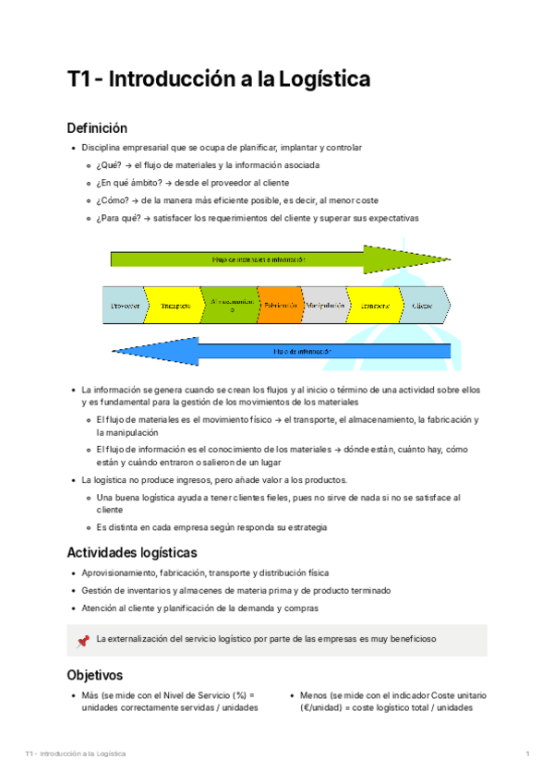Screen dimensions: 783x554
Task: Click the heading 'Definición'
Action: (x=97, y=127)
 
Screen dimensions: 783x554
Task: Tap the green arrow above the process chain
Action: (x=277, y=259)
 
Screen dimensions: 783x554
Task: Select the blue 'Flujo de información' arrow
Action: (x=277, y=351)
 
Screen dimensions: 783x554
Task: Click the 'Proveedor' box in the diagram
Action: (x=123, y=305)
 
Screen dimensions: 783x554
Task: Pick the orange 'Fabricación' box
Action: (x=280, y=305)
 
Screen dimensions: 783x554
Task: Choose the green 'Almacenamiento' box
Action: (x=229, y=305)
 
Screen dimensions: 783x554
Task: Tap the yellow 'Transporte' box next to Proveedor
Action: (x=175, y=305)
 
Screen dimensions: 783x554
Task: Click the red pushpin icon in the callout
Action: (x=83, y=639)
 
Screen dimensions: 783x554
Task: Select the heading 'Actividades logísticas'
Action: (x=131, y=553)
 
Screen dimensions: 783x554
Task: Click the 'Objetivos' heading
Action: (x=94, y=674)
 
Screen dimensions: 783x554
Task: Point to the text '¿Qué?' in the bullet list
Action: (x=109, y=165)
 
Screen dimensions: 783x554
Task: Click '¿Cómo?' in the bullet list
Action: (x=112, y=200)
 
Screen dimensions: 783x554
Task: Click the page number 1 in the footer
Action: (x=526, y=754)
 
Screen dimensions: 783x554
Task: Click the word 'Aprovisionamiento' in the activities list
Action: (x=119, y=573)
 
